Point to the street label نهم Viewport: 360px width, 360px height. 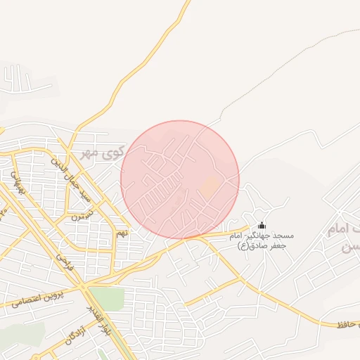122,233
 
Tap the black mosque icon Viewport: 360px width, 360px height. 262,225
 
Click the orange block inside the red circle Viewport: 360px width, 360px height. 211,187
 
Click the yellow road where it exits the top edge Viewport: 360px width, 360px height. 188,3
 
